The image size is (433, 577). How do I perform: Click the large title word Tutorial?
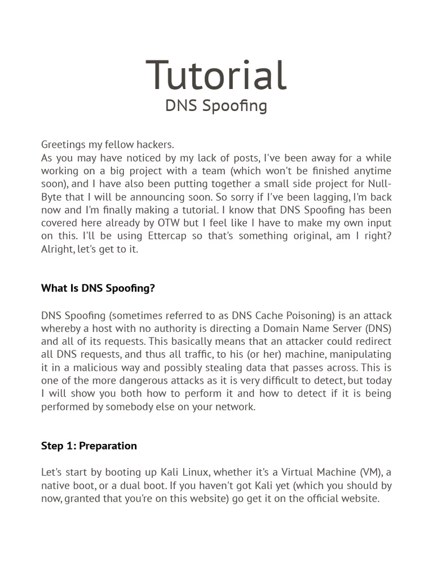point(216,75)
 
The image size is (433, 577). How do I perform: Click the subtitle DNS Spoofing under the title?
point(216,106)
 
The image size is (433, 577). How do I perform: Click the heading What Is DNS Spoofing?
point(98,288)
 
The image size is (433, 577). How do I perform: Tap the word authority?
point(185,329)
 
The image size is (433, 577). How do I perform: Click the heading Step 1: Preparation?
point(89,446)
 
